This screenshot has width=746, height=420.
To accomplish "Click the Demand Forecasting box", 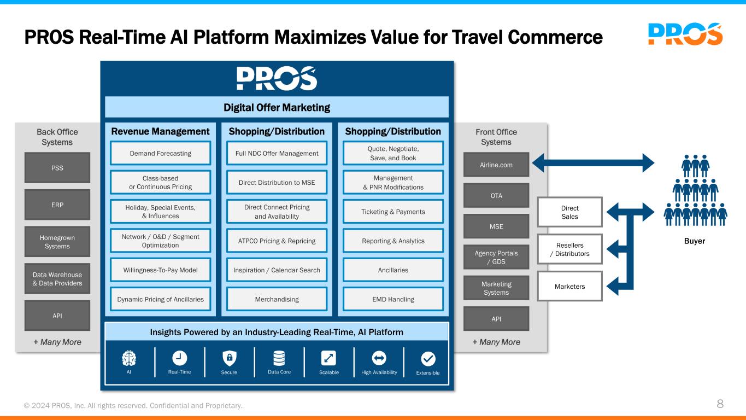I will click(161, 153).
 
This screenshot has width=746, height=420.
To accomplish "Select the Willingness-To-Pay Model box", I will click(161, 270).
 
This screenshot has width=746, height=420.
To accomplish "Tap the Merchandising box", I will click(277, 299).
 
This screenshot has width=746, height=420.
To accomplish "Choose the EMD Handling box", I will click(392, 299).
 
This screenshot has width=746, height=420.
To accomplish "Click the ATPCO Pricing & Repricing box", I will click(277, 241).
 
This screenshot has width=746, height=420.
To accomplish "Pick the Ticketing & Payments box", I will click(392, 212).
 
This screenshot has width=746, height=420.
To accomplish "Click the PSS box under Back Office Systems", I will click(57, 168).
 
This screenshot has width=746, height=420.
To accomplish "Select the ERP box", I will click(57, 205).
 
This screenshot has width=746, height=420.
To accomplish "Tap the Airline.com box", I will click(496, 164).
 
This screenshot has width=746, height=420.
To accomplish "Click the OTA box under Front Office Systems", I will click(496, 195).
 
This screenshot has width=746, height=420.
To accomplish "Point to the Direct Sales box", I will click(570, 212).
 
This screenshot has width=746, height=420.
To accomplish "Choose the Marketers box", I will click(570, 286).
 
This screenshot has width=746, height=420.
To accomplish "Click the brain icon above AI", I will click(129, 358).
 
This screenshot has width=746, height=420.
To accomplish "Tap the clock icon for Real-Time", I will click(179, 358).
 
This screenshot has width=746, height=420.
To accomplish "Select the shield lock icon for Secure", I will click(230, 358).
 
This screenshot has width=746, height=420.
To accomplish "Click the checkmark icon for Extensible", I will click(428, 359).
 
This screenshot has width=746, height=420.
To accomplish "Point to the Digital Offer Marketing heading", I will click(277, 107).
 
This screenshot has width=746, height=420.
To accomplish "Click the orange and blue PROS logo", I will click(685, 34).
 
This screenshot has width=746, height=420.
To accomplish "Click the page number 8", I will click(720, 405).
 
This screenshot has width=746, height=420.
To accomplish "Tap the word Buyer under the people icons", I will click(695, 241).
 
